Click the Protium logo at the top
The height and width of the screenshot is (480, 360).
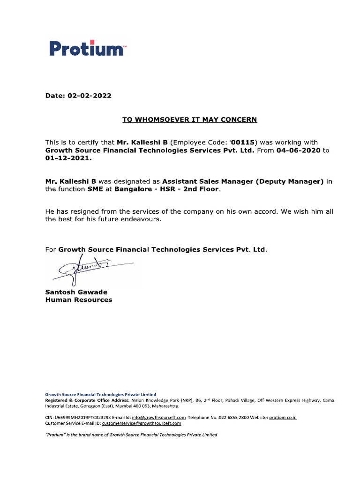click(x=87, y=49)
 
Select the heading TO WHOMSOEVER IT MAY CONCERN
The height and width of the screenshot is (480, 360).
click(x=189, y=120)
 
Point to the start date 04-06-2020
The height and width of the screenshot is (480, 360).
click(x=298, y=150)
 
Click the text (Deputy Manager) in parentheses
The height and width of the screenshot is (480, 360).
click(x=290, y=181)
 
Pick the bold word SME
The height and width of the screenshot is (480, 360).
click(x=95, y=189)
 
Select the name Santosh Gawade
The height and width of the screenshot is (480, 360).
click(x=76, y=292)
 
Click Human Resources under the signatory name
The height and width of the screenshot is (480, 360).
click(x=78, y=300)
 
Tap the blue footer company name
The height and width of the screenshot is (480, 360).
click(x=100, y=395)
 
